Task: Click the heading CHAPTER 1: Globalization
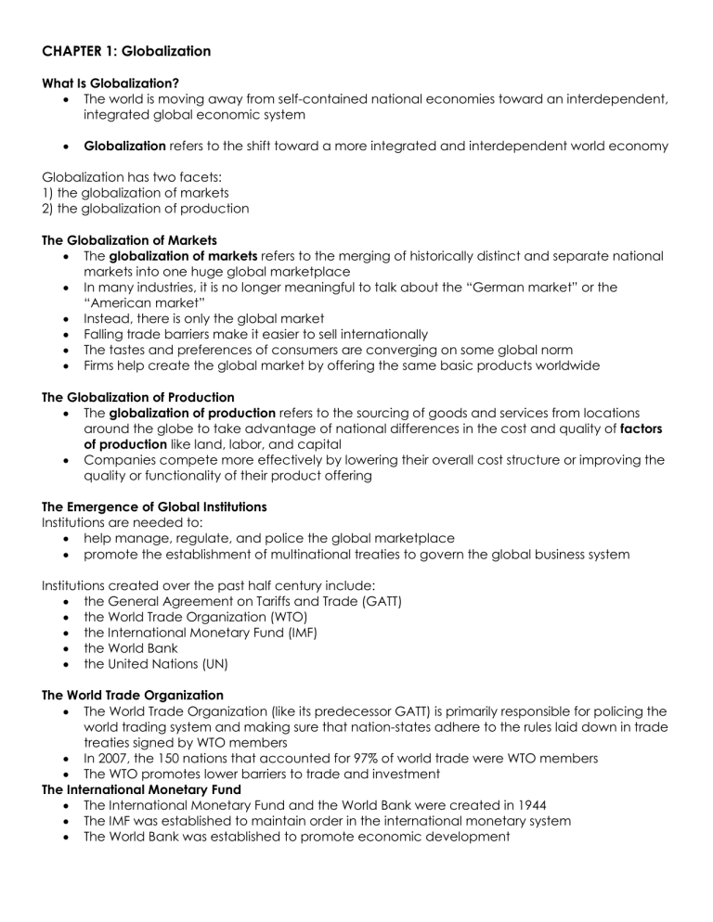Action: coord(126,52)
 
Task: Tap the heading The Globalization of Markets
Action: coord(129,240)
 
